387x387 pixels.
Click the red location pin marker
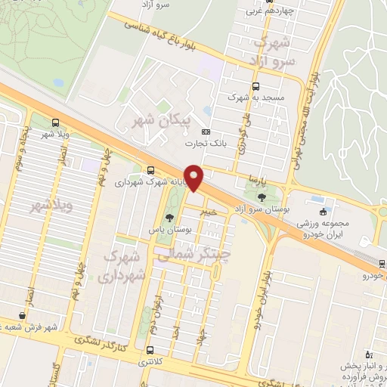point(196,178)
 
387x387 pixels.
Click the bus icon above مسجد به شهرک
point(255,86)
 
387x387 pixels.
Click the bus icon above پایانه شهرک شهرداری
point(151,171)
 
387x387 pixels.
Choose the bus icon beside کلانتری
point(150,351)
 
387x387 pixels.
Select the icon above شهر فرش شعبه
point(21,314)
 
